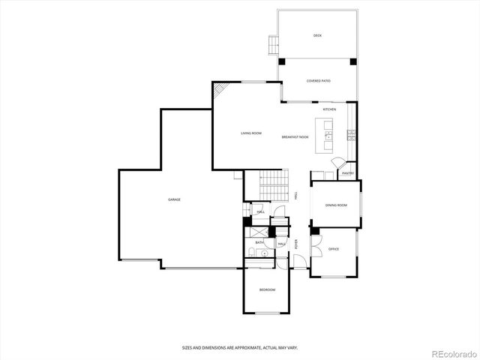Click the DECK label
click(x=317, y=35)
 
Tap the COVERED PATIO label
click(x=319, y=80)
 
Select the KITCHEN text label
click(x=329, y=109)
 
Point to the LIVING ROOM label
click(x=251, y=133)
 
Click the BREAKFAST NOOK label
click(x=295, y=137)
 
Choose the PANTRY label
click(x=347, y=173)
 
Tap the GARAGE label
click(x=174, y=199)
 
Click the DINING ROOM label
click(x=336, y=205)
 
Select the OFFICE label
click(x=334, y=249)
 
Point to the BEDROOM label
click(x=267, y=289)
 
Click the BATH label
click(x=259, y=243)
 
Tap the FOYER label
click(x=296, y=244)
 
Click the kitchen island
click(x=328, y=138)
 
